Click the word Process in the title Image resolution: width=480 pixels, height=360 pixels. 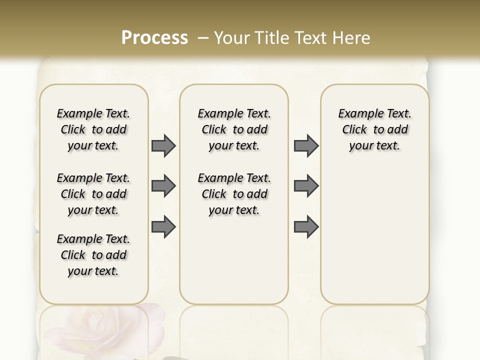click(154, 38)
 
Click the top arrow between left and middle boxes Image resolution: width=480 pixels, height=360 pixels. click(163, 145)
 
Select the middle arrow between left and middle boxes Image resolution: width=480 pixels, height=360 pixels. click(163, 186)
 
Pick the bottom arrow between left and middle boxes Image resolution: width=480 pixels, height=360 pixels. click(163, 226)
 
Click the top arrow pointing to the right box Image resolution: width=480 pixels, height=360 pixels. click(306, 145)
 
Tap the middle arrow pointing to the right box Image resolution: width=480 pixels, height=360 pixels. click(306, 186)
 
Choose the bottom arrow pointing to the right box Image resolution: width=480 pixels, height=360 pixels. click(306, 226)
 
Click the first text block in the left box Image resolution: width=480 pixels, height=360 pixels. click(93, 129)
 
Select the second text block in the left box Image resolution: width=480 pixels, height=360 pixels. click(93, 194)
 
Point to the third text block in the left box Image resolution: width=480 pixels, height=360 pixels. click(93, 255)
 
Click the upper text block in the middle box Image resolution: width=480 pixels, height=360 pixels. click(234, 129)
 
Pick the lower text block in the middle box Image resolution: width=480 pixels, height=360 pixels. click(234, 194)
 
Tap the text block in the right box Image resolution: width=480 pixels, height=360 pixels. click(374, 129)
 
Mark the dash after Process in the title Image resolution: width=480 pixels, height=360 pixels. click(203, 38)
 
